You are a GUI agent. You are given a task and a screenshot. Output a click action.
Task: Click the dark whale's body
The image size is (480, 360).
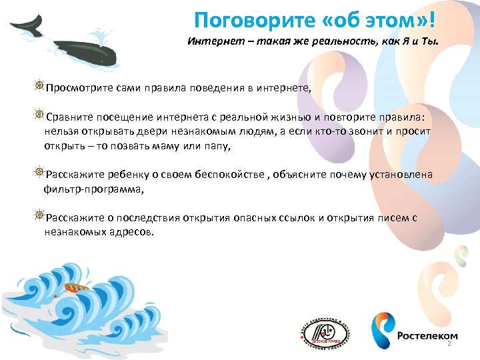[87, 52]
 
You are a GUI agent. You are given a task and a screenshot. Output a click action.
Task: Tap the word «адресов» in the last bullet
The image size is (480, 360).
[133, 233]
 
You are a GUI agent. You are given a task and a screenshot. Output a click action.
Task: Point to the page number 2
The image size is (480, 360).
[449, 344]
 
